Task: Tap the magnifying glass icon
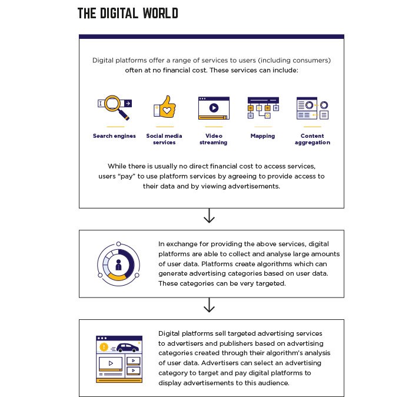click(x=115, y=107)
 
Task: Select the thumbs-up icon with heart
click(x=165, y=107)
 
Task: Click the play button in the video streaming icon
click(x=214, y=108)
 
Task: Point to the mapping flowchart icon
click(x=263, y=108)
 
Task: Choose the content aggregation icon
click(x=313, y=108)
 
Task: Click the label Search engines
click(x=114, y=136)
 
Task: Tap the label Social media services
click(x=164, y=139)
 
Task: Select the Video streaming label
click(x=213, y=139)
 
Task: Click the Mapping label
click(x=263, y=136)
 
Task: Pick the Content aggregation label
click(x=313, y=139)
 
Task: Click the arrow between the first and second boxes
click(x=209, y=216)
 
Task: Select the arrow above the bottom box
click(x=209, y=305)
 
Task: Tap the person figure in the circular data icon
click(x=118, y=265)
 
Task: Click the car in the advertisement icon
click(x=128, y=348)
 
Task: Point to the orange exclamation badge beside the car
click(x=104, y=347)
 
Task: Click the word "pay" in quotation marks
click(x=127, y=176)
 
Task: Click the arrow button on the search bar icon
click(x=128, y=103)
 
